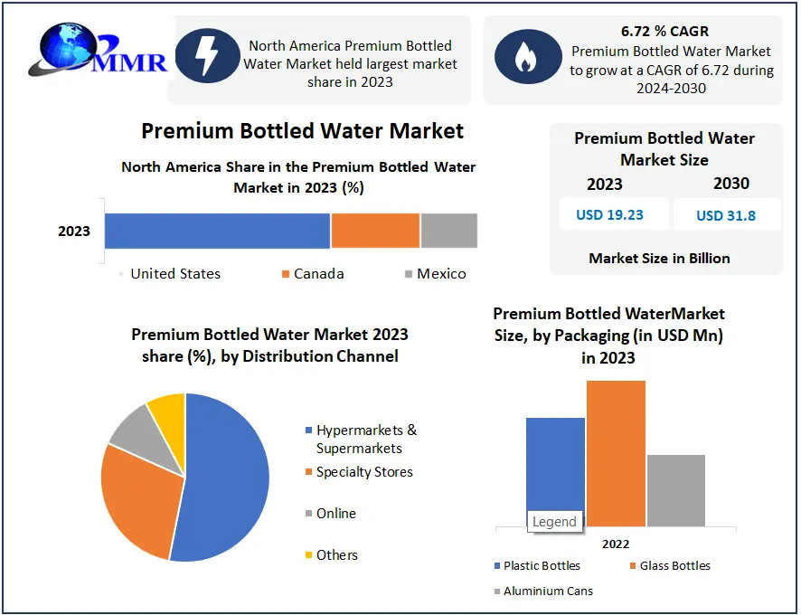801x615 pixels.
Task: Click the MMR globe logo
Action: [x=97, y=50]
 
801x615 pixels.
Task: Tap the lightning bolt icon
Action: [x=207, y=56]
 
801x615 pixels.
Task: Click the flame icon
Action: [x=528, y=56]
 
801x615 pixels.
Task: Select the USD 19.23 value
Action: [x=609, y=214]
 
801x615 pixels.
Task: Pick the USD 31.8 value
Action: [x=726, y=215]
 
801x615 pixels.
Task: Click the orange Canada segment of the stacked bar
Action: [x=375, y=231]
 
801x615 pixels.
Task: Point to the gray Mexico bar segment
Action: [x=449, y=231]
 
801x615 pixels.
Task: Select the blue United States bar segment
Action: [x=217, y=231]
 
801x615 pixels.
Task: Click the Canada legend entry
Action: [x=313, y=274]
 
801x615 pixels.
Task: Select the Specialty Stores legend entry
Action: [x=359, y=472]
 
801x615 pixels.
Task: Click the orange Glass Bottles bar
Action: [x=616, y=453]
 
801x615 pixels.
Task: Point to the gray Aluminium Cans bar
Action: [x=676, y=490]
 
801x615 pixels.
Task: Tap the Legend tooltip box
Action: [x=555, y=522]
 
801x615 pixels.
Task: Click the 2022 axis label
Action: [x=616, y=544]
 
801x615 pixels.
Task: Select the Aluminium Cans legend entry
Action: [x=543, y=591]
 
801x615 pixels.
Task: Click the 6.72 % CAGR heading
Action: [x=664, y=31]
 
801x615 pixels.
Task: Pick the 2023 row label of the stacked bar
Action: [x=74, y=231]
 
